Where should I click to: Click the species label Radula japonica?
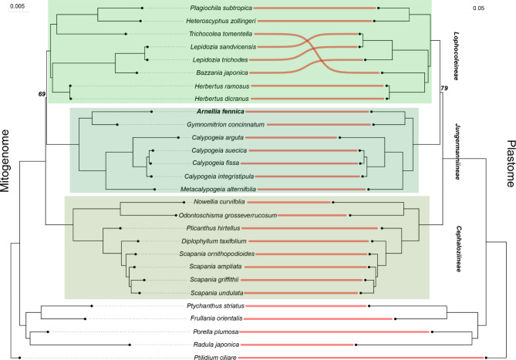point(221,345)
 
